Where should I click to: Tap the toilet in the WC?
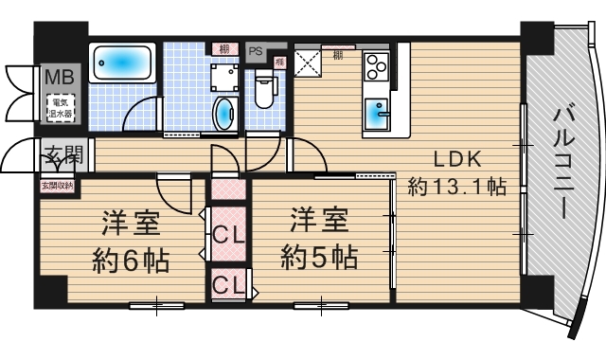(x=264, y=92)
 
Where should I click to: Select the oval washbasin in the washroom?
(x=223, y=114)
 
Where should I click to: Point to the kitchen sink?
(x=379, y=114)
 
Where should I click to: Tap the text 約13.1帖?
(x=457, y=188)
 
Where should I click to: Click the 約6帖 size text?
(x=131, y=258)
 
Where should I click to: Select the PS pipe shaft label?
(x=255, y=51)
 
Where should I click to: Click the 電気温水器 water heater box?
(x=61, y=106)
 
